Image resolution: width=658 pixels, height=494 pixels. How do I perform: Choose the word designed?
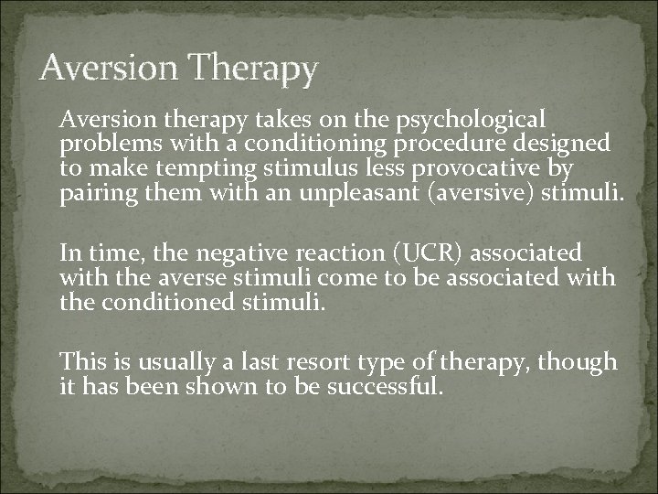569,144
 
